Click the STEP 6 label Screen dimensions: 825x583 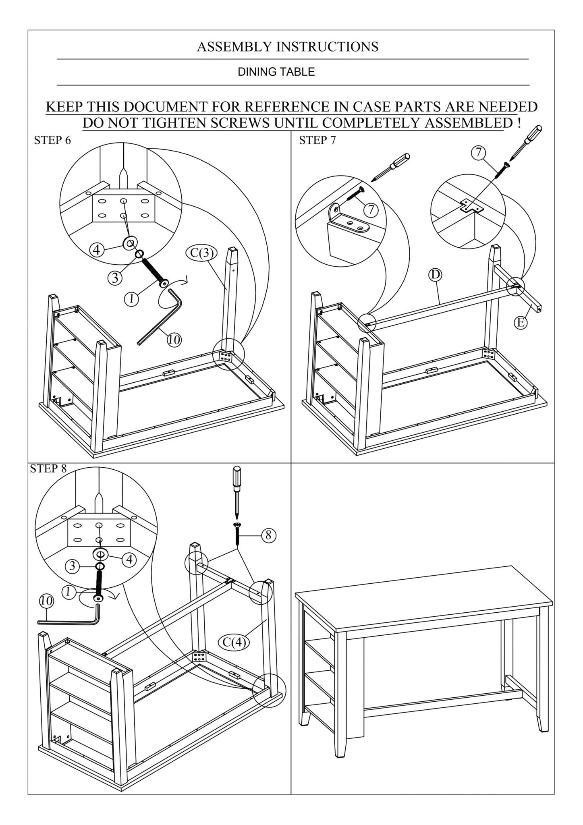point(52,141)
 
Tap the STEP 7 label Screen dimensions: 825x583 point(317,141)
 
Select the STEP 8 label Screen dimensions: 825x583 point(48,468)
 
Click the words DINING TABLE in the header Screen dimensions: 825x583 point(276,72)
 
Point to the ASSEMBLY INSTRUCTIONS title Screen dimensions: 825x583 point(287,47)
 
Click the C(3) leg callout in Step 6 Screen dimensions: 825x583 point(202,253)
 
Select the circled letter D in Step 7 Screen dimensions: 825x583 point(435,275)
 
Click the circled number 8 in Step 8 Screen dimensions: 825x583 point(269,535)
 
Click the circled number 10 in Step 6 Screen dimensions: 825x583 point(174,340)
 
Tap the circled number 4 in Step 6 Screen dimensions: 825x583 point(97,250)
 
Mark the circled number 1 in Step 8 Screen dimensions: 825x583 point(69,592)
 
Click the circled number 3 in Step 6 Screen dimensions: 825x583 point(115,278)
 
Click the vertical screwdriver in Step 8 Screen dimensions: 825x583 point(237,491)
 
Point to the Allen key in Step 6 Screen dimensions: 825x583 point(161,318)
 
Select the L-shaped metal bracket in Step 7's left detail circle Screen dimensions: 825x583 point(349,222)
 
